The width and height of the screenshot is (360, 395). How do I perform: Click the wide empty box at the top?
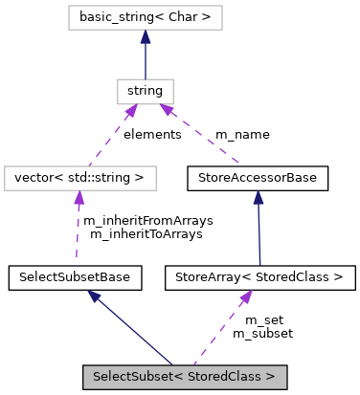(x=146, y=17)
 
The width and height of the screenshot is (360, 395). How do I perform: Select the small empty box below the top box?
(x=146, y=92)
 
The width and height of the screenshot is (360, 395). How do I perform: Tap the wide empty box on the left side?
(x=80, y=178)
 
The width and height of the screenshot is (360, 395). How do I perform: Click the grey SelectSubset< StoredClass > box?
(x=184, y=377)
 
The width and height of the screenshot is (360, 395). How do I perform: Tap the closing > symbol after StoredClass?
(x=271, y=377)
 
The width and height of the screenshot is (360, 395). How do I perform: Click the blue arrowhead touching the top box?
(x=146, y=37)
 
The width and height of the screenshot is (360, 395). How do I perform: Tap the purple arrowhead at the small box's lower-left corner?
(x=131, y=111)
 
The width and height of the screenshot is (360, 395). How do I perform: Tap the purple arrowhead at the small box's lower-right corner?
(x=167, y=110)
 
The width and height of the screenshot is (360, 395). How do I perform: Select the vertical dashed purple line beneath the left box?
(x=78, y=234)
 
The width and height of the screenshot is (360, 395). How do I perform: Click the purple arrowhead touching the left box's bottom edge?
(x=79, y=198)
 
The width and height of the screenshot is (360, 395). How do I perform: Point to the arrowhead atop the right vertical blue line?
(x=259, y=197)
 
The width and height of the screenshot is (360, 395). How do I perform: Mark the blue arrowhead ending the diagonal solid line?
(x=94, y=297)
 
